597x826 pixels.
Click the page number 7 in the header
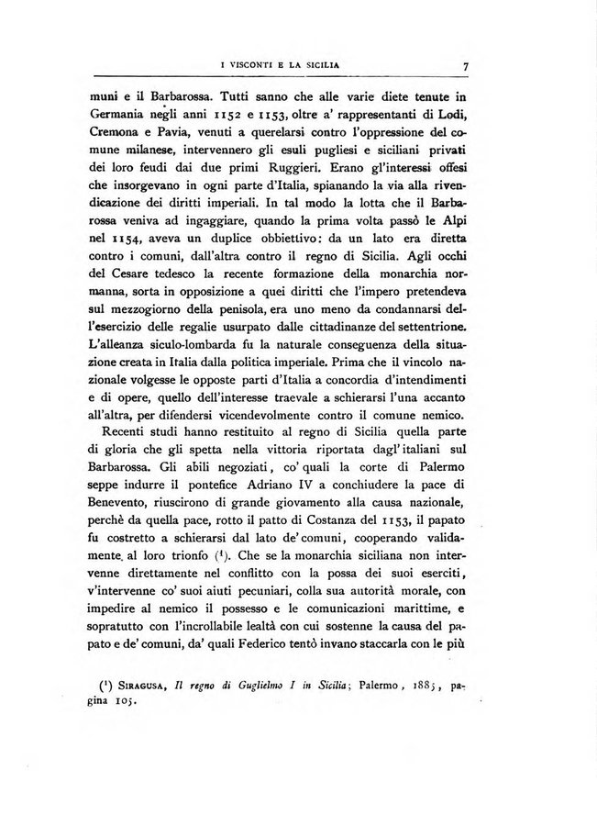click(x=466, y=65)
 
